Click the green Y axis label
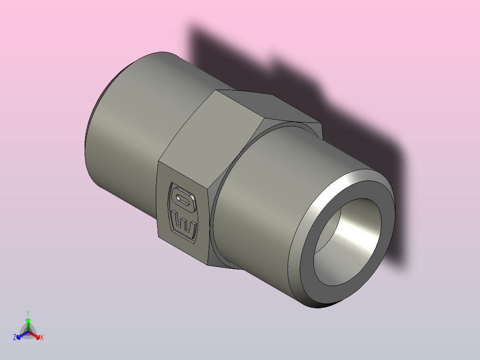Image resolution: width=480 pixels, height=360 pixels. point(28,313)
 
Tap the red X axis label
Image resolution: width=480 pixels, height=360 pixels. point(42,338)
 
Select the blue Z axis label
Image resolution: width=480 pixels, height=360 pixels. point(15,338)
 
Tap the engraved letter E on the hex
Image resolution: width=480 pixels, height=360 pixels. point(183,225)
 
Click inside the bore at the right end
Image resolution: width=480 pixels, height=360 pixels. point(352,236)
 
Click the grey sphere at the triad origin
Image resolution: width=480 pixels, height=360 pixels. point(28,332)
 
